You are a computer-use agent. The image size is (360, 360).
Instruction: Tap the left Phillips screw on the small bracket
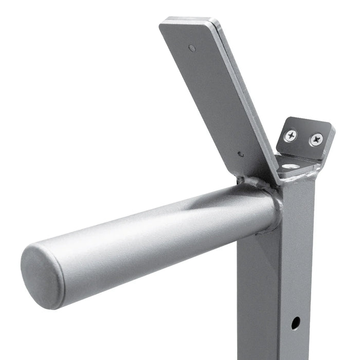coord(291,135)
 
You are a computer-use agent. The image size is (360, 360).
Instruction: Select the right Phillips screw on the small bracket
coord(316,139)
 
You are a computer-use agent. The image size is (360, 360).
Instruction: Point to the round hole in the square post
coord(295,323)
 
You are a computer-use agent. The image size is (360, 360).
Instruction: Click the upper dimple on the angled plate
coord(192,48)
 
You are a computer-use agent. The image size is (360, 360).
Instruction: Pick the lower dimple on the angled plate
coord(241,153)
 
